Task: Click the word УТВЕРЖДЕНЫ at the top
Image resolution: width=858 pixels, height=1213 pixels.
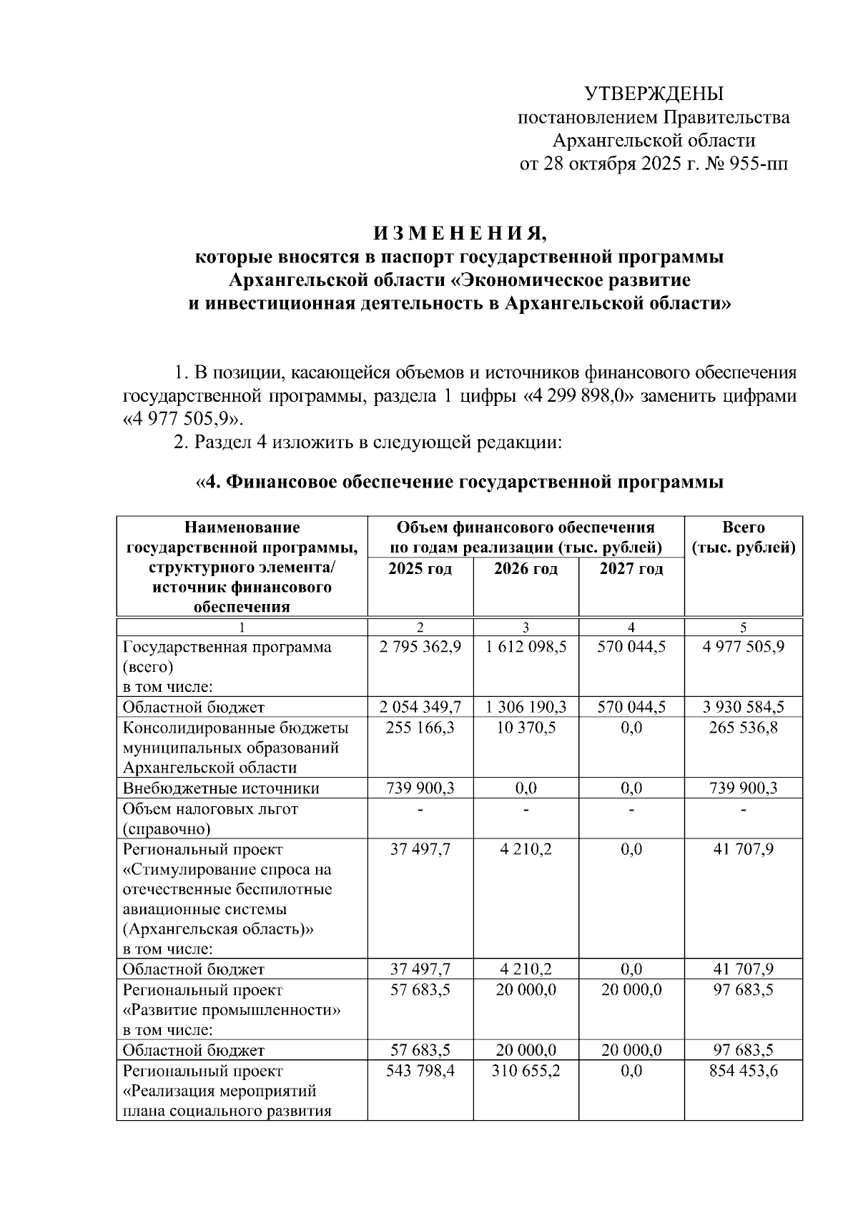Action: tap(654, 94)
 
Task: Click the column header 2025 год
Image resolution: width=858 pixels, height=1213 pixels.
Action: tap(420, 570)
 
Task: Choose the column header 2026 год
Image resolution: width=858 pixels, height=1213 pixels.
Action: tap(526, 570)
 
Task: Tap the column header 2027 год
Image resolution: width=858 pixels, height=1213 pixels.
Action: tap(631, 570)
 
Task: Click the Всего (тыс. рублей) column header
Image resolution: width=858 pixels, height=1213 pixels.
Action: tap(743, 538)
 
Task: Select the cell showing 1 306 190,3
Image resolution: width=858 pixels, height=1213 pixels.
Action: tap(526, 708)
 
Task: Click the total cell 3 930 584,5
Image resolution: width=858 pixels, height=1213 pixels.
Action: tap(743, 708)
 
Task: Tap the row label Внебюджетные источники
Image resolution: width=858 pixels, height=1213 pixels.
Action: tap(221, 788)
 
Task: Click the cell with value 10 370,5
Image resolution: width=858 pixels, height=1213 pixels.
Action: tap(526, 728)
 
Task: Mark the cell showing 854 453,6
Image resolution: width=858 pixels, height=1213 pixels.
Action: tap(743, 1071)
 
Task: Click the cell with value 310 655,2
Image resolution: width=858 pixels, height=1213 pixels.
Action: tap(526, 1071)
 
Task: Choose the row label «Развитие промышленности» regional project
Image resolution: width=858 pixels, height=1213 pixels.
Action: tap(232, 1011)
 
